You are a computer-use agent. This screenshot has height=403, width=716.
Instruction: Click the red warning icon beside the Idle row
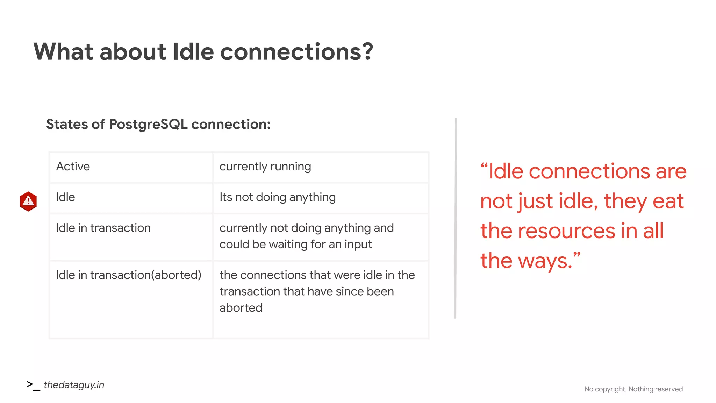coord(28,201)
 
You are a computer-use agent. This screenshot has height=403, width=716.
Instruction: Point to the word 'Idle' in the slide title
coord(193,52)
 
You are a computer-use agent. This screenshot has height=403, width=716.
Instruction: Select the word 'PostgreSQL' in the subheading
coord(148,125)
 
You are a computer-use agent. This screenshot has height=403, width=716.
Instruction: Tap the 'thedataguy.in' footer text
coord(74,385)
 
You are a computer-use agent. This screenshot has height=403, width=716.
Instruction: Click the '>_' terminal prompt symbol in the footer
coord(33,385)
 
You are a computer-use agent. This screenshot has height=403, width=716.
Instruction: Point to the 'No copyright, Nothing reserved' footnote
coord(633,389)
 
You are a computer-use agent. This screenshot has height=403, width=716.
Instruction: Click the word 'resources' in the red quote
coord(566,231)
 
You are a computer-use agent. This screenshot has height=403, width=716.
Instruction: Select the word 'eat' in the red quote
coord(668,201)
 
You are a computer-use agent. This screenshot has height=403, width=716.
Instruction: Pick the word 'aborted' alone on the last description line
coord(241,308)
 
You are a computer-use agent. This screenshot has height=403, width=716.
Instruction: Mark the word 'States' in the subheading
coord(67,125)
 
